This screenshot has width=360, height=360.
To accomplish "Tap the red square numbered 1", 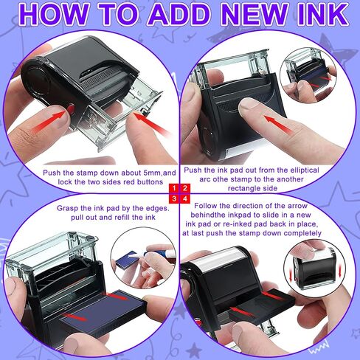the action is (x=174, y=188).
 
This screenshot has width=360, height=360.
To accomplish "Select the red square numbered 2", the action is (x=185, y=188).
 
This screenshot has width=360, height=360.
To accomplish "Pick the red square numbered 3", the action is (x=174, y=198).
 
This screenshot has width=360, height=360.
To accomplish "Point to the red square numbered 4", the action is (x=185, y=198).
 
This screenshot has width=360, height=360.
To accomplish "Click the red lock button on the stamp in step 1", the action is (x=71, y=108).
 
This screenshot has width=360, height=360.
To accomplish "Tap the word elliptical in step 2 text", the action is (x=305, y=170).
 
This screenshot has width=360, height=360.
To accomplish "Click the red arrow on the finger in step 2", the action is (x=278, y=125).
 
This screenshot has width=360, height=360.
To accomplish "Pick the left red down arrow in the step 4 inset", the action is (x=291, y=275).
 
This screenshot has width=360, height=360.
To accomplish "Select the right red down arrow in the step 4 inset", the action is (x=340, y=271).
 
